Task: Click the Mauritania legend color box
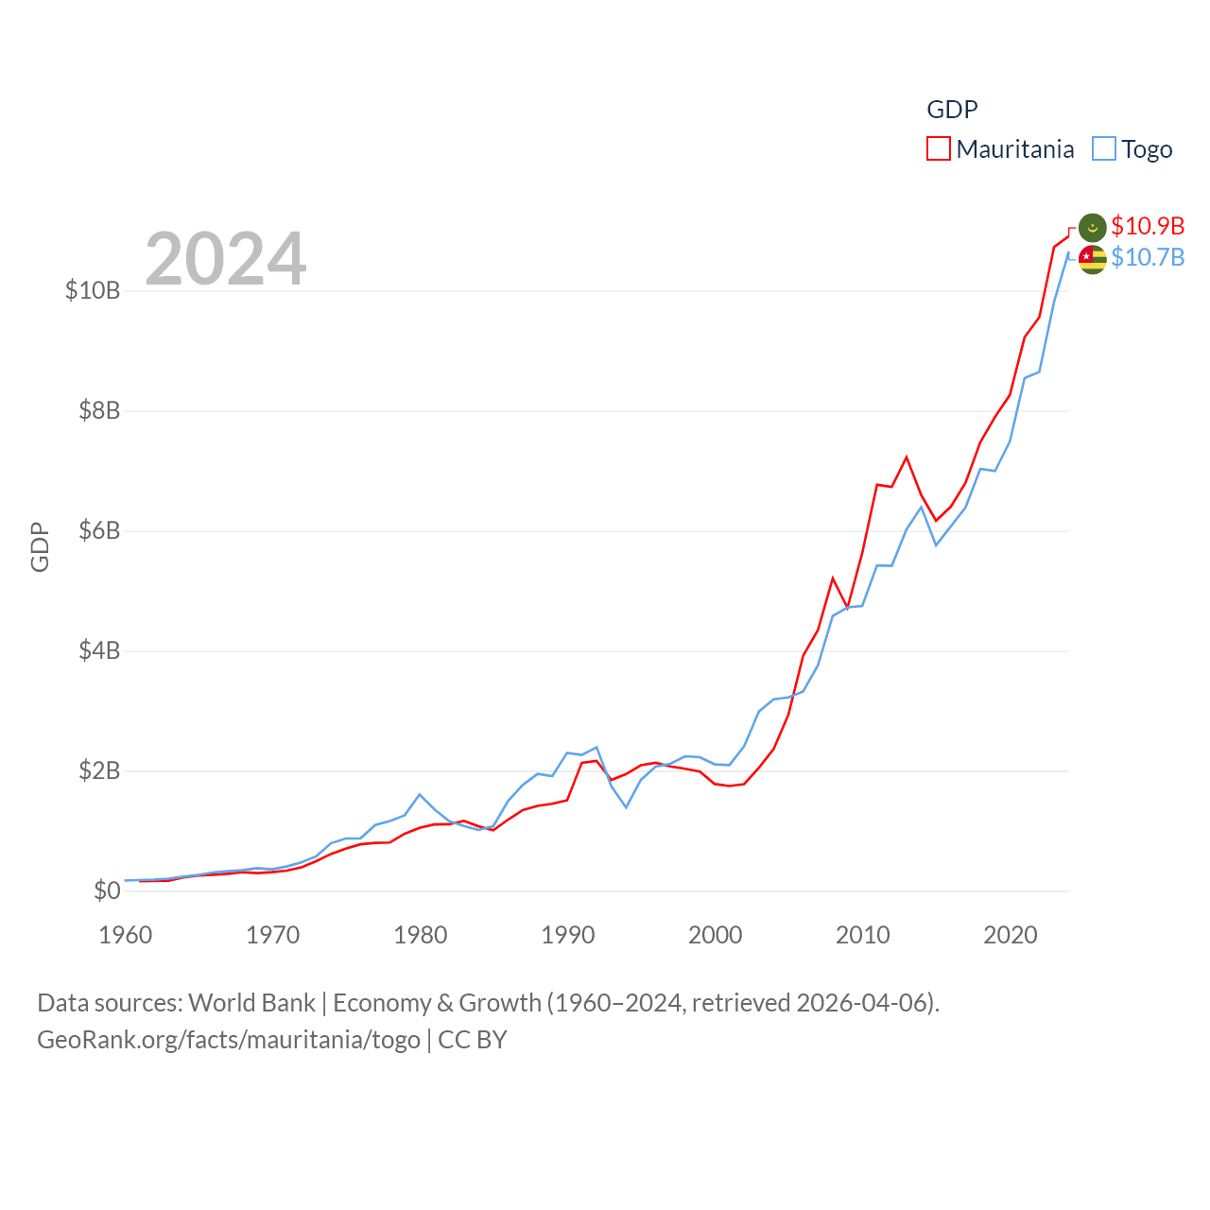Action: tap(938, 149)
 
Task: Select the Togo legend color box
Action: tap(1103, 149)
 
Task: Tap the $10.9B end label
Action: tap(1148, 226)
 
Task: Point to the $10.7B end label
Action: tap(1148, 257)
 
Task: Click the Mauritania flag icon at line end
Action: tap(1092, 227)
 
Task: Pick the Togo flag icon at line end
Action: tap(1092, 259)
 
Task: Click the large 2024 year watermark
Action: tap(225, 258)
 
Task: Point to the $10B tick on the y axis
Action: tap(93, 290)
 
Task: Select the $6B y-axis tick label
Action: tap(99, 530)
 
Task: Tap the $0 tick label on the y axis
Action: tap(107, 890)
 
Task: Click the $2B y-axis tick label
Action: tap(99, 770)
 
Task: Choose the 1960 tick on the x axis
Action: tap(126, 935)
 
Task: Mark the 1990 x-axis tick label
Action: tap(568, 935)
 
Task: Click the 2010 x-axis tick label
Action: tap(863, 935)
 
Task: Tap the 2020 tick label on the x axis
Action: tap(1011, 935)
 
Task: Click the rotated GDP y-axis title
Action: tap(40, 546)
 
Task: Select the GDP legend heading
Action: tap(952, 110)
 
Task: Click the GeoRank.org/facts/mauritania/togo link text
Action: tap(229, 1040)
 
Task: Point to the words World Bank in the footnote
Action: tap(251, 1002)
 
